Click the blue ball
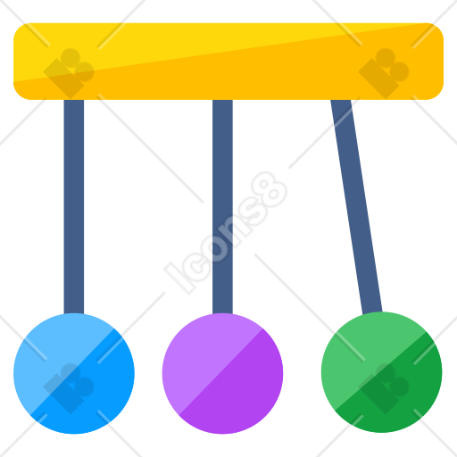[74, 373]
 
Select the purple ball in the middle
[222, 373]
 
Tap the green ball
[382, 372]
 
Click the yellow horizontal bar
[228, 62]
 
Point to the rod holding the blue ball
[74, 207]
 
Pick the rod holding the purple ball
[222, 207]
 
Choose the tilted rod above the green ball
[356, 206]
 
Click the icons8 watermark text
[226, 233]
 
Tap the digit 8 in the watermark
[270, 190]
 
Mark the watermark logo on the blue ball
[69, 388]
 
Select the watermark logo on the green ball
[384, 388]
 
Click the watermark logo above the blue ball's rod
[69, 73]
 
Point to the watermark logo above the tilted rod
[384, 73]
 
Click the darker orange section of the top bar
[268, 78]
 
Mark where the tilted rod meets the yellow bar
[341, 100]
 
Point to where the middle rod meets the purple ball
[222, 313]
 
